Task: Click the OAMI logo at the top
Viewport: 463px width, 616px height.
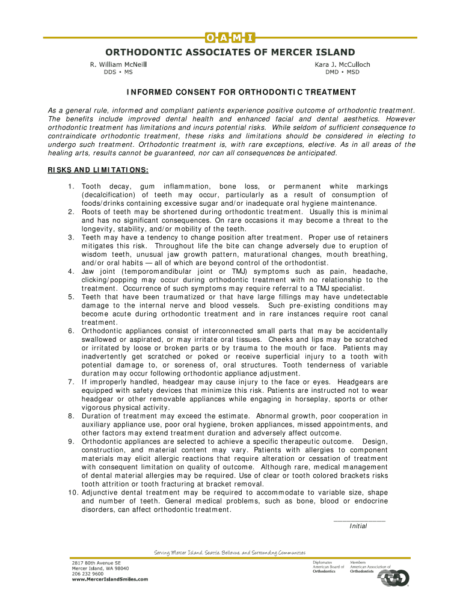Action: (231, 37)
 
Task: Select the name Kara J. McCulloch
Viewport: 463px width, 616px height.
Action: (342, 64)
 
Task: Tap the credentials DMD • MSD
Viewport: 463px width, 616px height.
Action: (342, 72)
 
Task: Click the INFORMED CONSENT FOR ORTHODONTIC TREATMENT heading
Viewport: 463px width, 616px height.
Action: (241, 93)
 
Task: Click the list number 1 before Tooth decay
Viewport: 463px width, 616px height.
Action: (72, 186)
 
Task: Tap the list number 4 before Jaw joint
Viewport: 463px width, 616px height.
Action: (72, 271)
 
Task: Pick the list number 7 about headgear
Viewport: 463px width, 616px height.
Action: (72, 382)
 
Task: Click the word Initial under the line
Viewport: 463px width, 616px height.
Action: (359, 526)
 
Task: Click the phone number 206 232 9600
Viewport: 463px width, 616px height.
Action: (88, 574)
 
